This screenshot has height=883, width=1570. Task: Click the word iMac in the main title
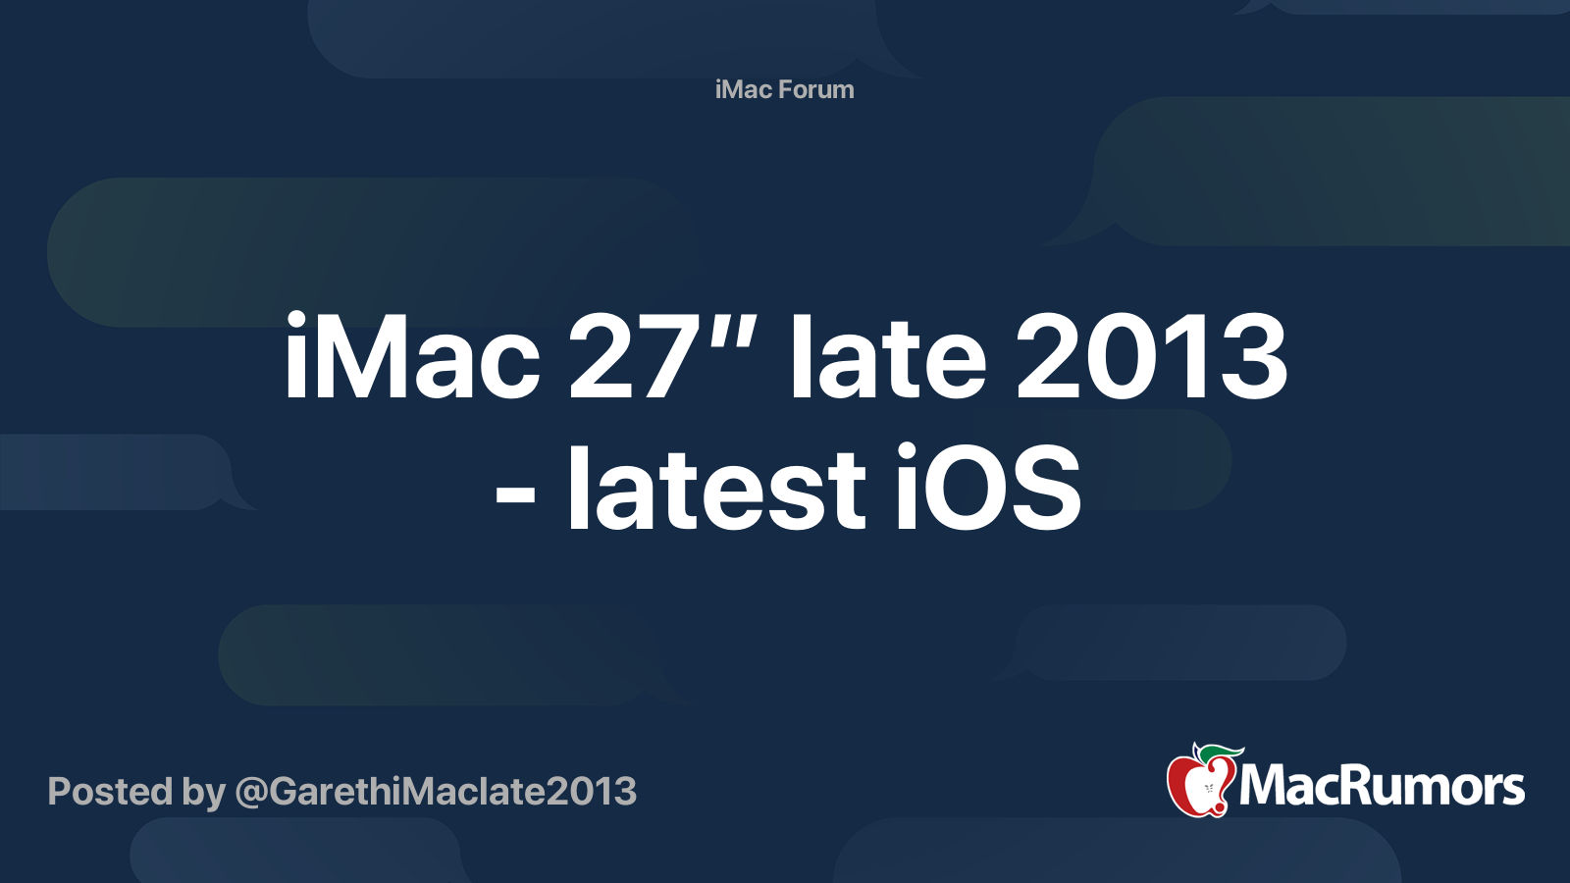412,356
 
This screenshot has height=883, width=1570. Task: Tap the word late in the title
889,356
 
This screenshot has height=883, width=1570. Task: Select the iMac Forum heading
784,89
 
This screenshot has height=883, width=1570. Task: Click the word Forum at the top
816,89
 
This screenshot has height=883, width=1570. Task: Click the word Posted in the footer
110,791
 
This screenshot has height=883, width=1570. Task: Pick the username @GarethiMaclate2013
436,792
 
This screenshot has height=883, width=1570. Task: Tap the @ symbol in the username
251,794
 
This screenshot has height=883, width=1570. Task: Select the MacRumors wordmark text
1382,787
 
